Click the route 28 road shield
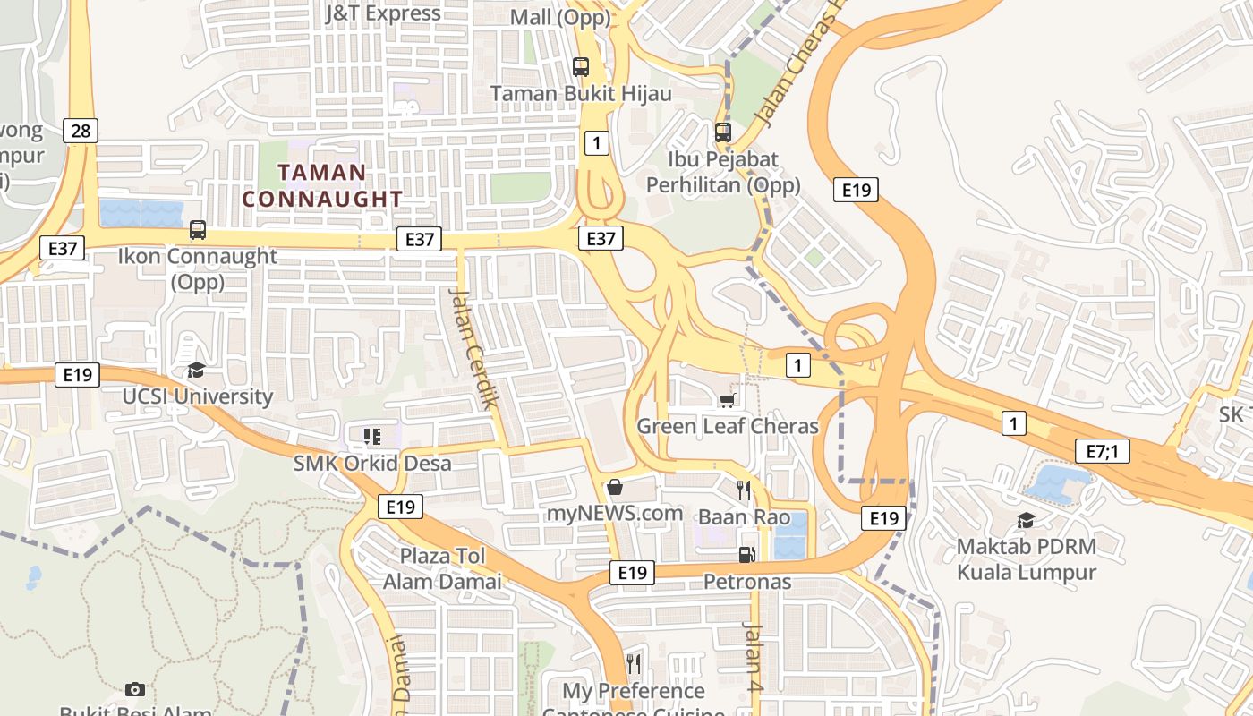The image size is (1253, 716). click(81, 132)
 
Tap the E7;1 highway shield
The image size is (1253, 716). click(1102, 451)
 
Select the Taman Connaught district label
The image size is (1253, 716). click(322, 185)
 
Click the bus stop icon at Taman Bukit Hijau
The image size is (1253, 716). click(581, 66)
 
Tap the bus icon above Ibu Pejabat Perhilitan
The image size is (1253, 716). click(723, 132)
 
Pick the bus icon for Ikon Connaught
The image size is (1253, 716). click(198, 230)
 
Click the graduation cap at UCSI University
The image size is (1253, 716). click(196, 371)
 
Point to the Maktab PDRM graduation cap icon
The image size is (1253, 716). click(1026, 520)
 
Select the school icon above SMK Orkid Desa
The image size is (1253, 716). click(372, 437)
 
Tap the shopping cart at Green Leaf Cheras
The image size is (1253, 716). click(728, 400)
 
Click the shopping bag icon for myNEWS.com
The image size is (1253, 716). click(615, 488)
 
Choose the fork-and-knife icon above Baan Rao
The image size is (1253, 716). click(744, 490)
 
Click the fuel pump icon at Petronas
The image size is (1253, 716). click(746, 555)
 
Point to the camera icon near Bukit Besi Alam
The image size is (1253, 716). click(135, 689)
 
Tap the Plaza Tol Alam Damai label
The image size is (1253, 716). click(442, 568)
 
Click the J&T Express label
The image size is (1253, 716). click(382, 13)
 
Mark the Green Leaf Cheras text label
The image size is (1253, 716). click(727, 426)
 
